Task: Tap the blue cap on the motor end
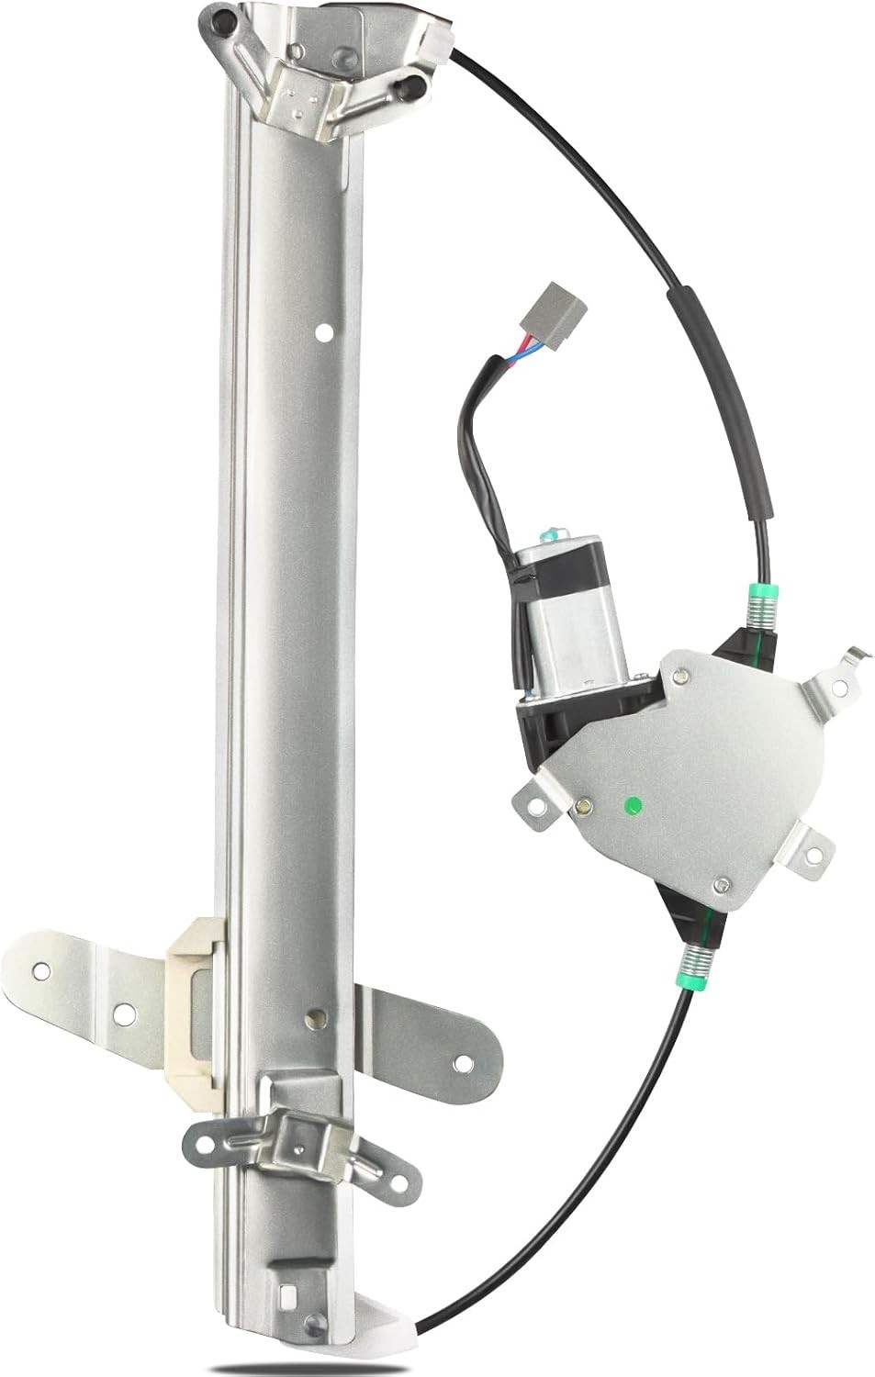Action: tap(548, 531)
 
